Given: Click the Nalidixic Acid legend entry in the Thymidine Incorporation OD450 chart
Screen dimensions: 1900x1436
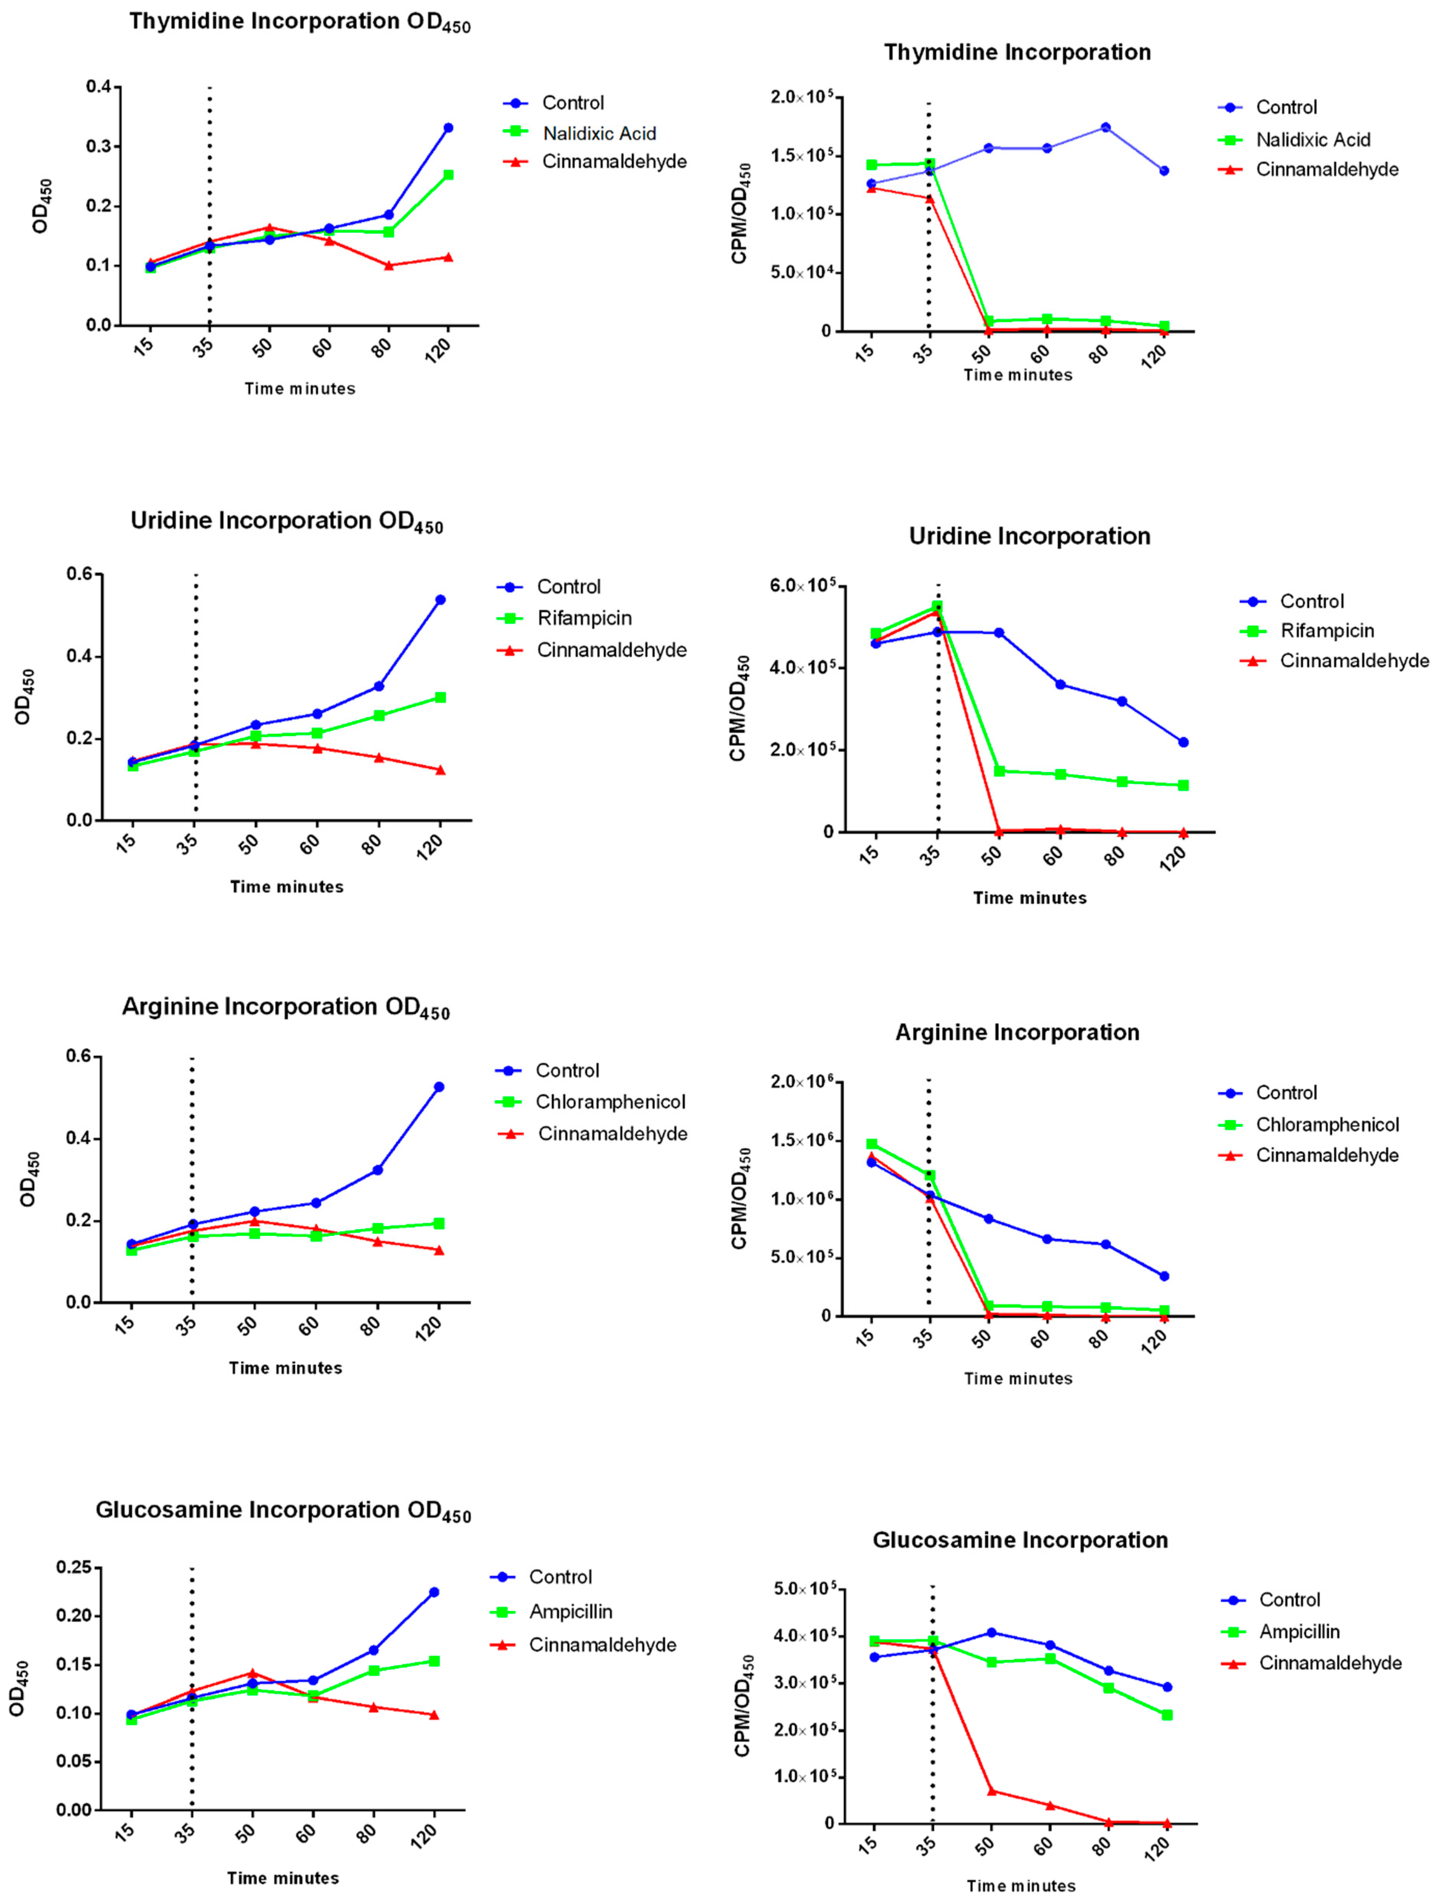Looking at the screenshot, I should point(598,133).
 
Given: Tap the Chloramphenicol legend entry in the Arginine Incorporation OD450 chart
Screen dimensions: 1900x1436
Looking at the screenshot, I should point(610,1102).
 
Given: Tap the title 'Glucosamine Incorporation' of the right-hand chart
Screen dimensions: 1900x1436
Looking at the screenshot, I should point(1019,1540).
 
